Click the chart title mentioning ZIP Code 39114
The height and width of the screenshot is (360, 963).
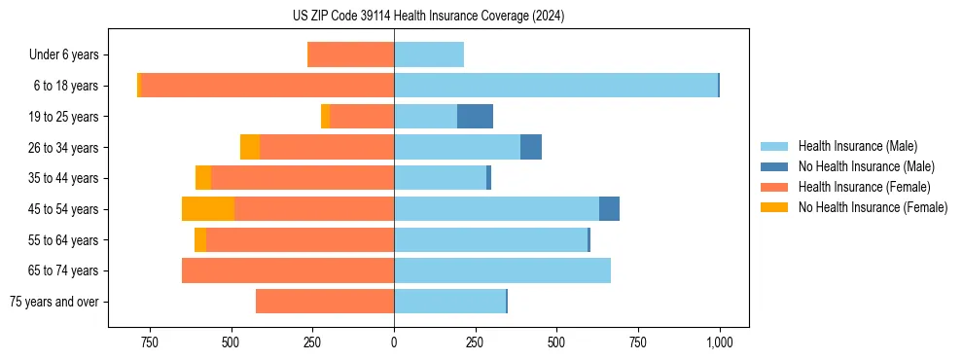[x=428, y=16]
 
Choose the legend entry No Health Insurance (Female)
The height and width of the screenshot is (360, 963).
[x=873, y=207]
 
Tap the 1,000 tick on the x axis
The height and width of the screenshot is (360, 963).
[x=719, y=342]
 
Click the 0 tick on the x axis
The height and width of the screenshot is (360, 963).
[x=394, y=342]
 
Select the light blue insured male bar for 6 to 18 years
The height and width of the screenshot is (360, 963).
[x=555, y=86]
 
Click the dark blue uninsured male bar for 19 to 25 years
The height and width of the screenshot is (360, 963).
[x=475, y=117]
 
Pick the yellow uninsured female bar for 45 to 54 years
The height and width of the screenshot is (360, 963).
[x=208, y=209]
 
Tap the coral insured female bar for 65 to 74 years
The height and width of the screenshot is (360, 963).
[x=288, y=270]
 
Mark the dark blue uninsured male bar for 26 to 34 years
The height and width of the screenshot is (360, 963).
[x=531, y=148]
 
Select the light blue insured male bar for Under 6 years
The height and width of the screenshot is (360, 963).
[x=429, y=55]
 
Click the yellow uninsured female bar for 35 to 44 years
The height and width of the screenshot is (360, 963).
[x=203, y=178]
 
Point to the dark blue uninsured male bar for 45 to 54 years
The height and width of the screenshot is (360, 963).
[x=609, y=209]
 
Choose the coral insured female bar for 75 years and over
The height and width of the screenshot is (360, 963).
[x=325, y=302]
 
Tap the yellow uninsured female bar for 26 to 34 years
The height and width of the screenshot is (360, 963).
[x=250, y=148]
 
